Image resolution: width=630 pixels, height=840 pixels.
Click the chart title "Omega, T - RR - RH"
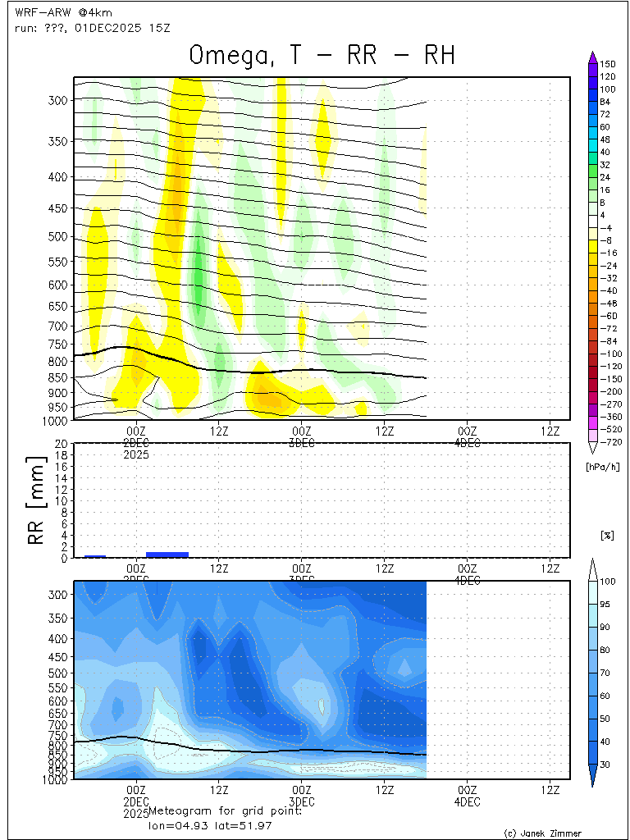tap(322, 55)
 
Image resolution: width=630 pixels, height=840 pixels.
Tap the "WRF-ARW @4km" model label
tap(52, 13)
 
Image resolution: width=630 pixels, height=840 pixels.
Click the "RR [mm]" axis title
tap(35, 500)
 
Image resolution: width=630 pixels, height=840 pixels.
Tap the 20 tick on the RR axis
tap(61, 444)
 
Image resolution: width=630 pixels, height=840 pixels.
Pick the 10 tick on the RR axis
tap(61, 500)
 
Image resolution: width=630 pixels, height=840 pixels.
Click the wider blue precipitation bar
tap(167, 555)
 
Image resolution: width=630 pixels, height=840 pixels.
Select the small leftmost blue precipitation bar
tap(95, 556)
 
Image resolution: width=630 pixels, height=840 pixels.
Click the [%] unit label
tap(607, 536)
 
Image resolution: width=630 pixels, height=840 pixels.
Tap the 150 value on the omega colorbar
tap(608, 64)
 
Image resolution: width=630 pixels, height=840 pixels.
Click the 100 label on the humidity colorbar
tap(608, 582)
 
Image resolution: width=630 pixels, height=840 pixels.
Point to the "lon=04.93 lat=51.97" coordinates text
tap(204, 824)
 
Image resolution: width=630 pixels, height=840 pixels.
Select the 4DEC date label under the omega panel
tap(467, 443)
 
